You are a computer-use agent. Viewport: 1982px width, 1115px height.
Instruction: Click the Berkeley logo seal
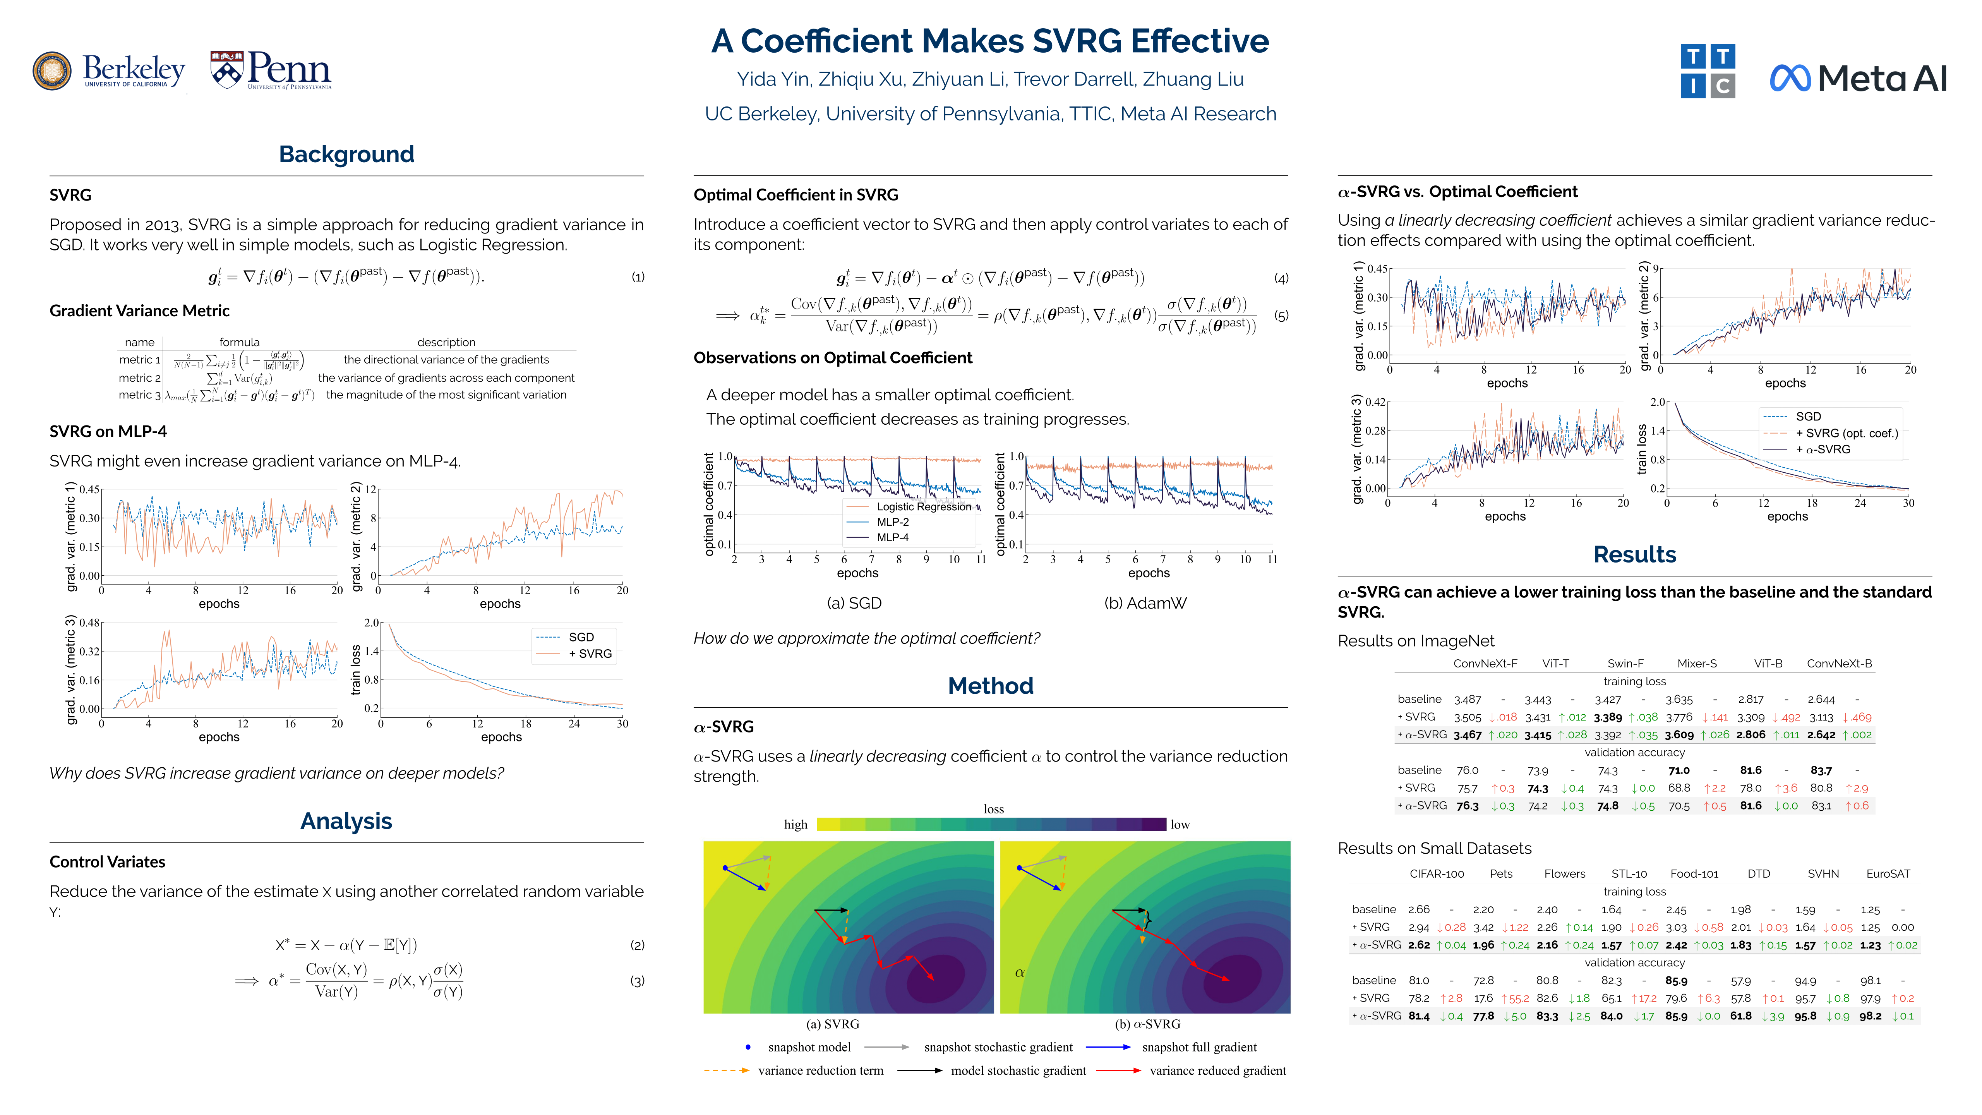[51, 71]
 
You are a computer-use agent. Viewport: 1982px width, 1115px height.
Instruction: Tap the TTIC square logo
[1707, 71]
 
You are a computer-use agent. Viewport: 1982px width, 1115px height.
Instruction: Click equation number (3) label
[637, 981]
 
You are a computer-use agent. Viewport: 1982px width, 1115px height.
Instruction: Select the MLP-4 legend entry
[893, 537]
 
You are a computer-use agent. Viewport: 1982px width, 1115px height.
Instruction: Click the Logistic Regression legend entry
[923, 506]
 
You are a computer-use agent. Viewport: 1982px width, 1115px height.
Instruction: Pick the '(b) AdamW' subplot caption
[1145, 603]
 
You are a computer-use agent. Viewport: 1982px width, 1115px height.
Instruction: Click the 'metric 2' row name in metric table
[139, 378]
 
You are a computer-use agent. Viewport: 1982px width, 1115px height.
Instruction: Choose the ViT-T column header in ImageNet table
[1555, 663]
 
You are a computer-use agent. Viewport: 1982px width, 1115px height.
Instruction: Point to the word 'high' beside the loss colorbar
[796, 824]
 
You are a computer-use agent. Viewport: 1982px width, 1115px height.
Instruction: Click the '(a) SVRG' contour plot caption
[833, 1024]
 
